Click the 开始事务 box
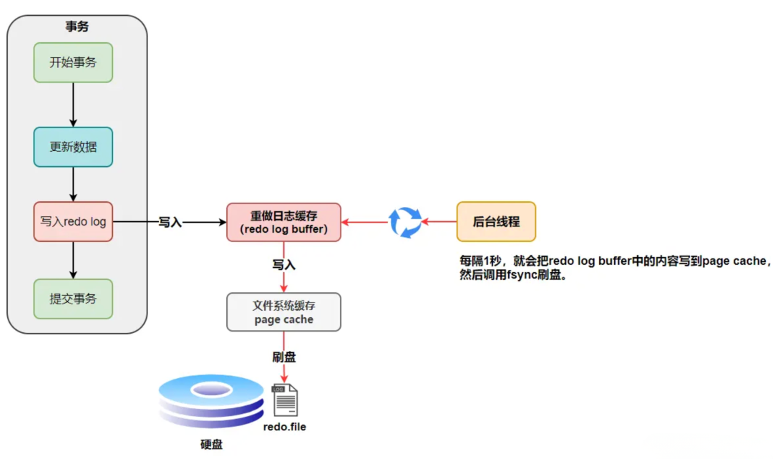(73, 62)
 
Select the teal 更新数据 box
(73, 148)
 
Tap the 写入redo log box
(73, 221)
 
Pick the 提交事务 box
(73, 299)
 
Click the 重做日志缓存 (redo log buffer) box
(283, 222)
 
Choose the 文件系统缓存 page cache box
(283, 312)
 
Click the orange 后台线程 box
(496, 221)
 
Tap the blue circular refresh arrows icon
(405, 222)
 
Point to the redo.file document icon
(285, 400)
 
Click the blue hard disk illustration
(211, 401)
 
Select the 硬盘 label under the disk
(211, 445)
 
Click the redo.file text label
(284, 427)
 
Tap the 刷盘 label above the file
(284, 356)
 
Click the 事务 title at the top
(77, 26)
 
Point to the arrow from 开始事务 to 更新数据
(73, 105)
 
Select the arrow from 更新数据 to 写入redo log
(73, 184)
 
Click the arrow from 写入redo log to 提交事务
(73, 260)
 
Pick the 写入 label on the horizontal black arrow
(170, 223)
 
